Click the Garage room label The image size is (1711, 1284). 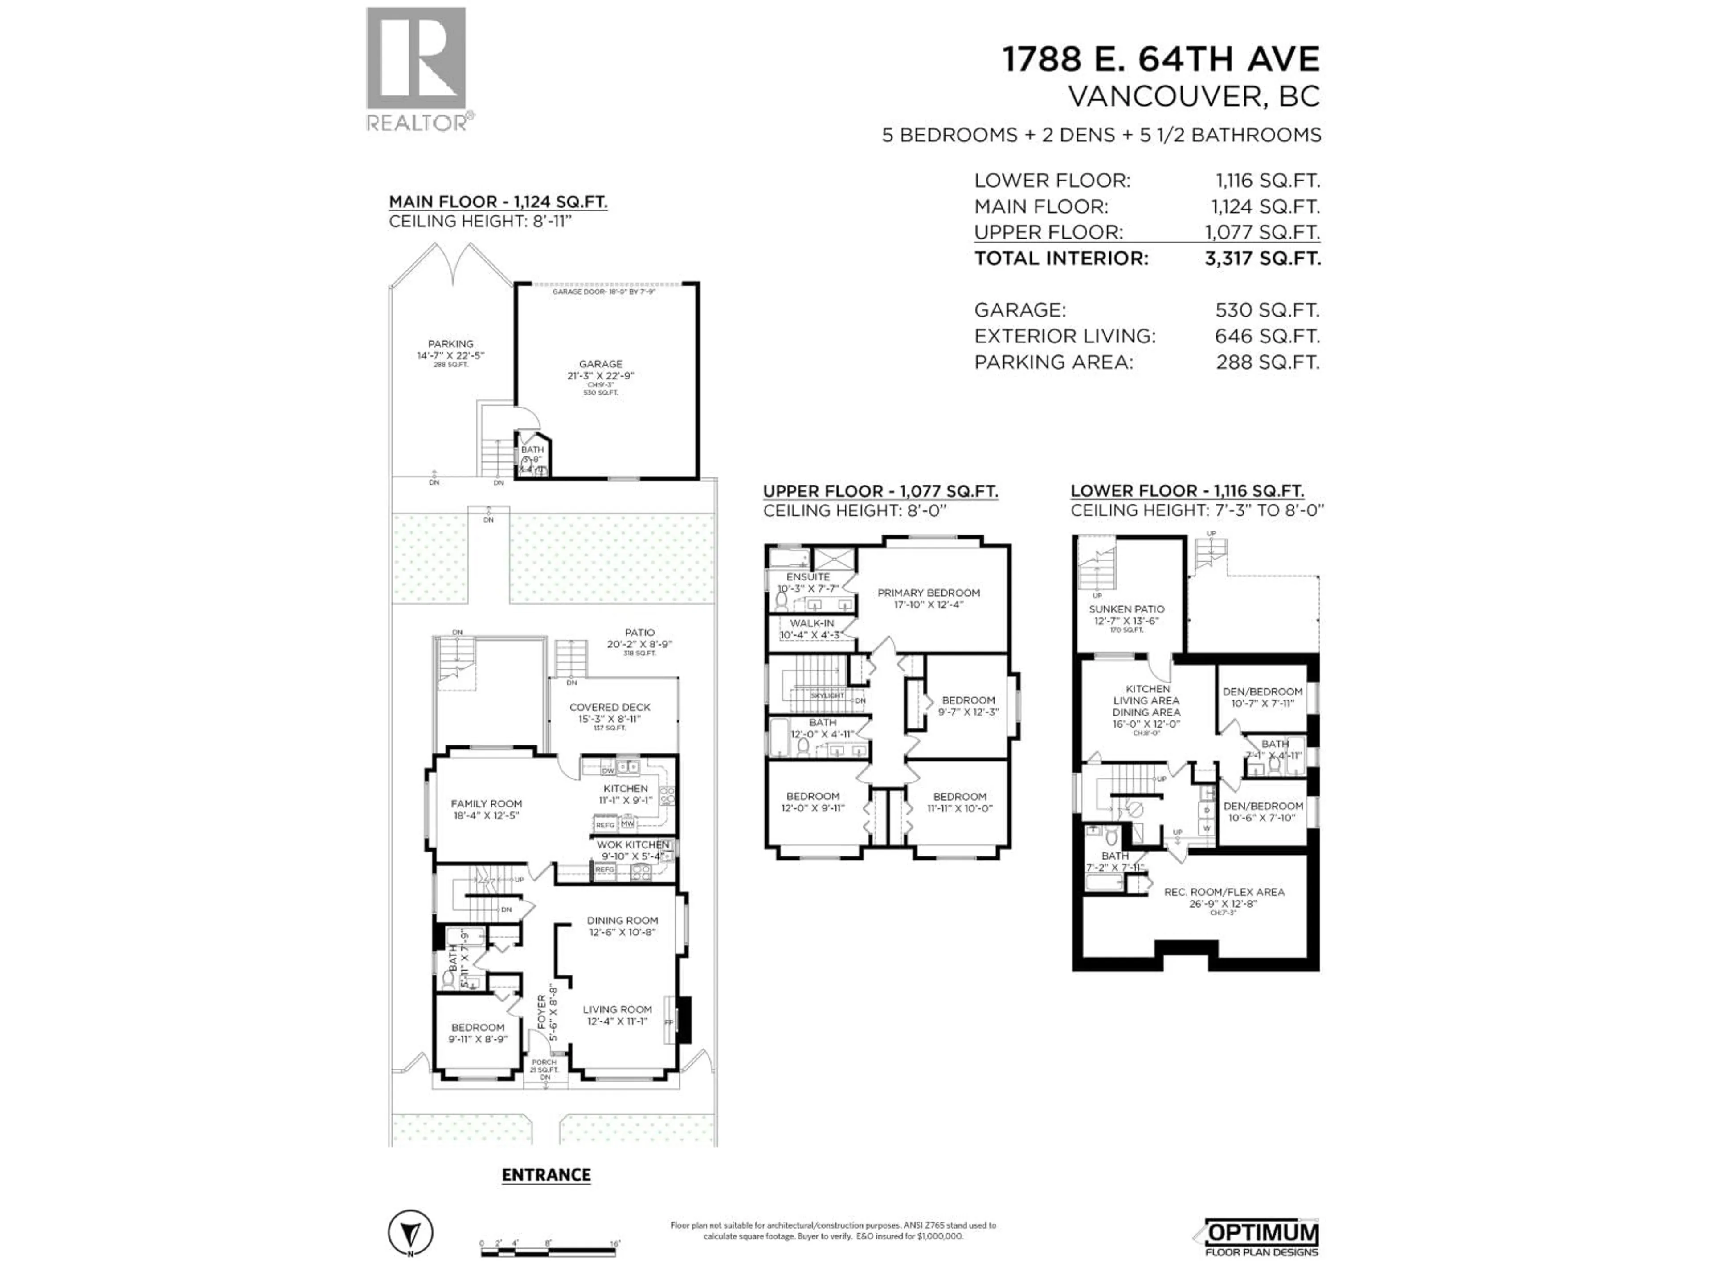click(600, 364)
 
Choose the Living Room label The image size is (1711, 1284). click(617, 1010)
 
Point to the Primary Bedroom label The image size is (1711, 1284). click(928, 593)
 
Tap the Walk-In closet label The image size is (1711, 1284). click(811, 623)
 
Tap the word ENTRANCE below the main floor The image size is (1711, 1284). click(546, 1175)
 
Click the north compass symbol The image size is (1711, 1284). click(410, 1232)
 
